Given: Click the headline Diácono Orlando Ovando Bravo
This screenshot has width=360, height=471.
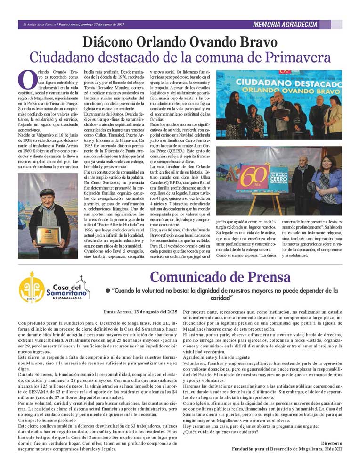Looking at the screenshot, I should point(180,42).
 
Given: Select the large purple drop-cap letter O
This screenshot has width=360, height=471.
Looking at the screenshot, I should point(27,79).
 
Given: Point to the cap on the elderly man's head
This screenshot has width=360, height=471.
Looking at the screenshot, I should point(48,192).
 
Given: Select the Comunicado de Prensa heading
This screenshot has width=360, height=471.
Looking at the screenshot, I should point(220,277).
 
